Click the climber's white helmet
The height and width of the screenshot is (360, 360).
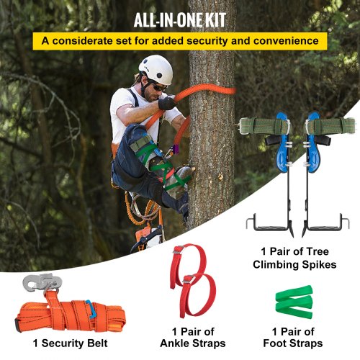pyautogui.click(x=156, y=69)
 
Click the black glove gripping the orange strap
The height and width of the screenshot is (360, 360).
pyautogui.click(x=166, y=102)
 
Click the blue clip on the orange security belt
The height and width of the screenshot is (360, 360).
pyautogui.click(x=90, y=309)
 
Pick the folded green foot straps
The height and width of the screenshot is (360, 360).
pyautogui.click(x=294, y=302)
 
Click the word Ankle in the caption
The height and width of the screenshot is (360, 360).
pyautogui.click(x=174, y=343)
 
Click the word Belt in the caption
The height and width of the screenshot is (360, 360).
pyautogui.click(x=97, y=343)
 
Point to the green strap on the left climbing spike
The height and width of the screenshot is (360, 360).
pyautogui.click(x=264, y=126)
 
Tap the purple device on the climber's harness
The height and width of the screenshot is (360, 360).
pyautogui.click(x=177, y=149)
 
